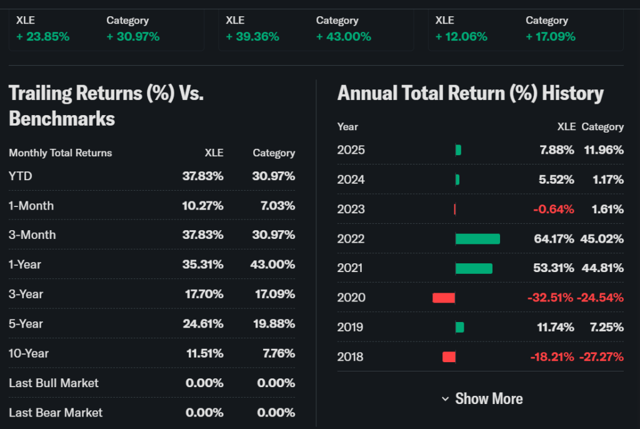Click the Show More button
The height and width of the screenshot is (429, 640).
(x=482, y=399)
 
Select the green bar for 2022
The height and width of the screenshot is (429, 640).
(x=477, y=239)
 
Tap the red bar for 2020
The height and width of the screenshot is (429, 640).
(x=443, y=298)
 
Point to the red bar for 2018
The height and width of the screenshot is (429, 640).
(x=449, y=357)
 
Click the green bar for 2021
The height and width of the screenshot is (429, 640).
(x=474, y=268)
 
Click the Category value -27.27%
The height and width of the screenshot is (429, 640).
(x=602, y=357)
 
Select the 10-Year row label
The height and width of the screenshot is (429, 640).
(x=29, y=353)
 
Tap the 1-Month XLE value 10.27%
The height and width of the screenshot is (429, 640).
(x=202, y=206)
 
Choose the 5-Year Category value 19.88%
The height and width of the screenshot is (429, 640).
(x=274, y=324)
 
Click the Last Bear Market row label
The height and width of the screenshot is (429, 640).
(x=56, y=413)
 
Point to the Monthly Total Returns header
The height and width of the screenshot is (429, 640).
(x=61, y=153)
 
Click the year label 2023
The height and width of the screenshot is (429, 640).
(x=351, y=209)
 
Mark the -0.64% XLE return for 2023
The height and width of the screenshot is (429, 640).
(x=553, y=209)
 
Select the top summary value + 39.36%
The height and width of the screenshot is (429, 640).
(x=252, y=37)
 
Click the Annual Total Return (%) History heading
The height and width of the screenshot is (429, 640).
(x=471, y=94)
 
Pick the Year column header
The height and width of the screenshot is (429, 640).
(x=347, y=127)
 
